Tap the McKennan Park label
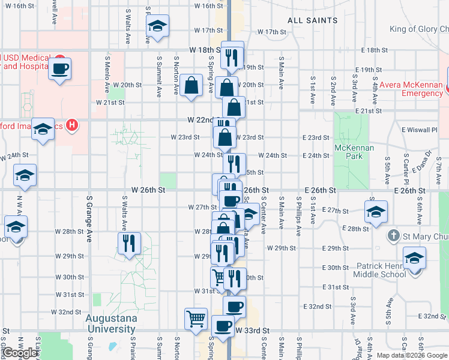(355, 152)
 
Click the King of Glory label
(419, 28)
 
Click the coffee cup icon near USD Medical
(60, 69)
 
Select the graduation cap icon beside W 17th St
(157, 26)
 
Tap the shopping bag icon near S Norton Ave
(191, 86)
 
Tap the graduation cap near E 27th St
(376, 212)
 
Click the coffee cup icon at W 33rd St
(223, 326)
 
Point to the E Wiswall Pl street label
(420, 129)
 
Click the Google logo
(20, 353)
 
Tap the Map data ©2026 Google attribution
(412, 355)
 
